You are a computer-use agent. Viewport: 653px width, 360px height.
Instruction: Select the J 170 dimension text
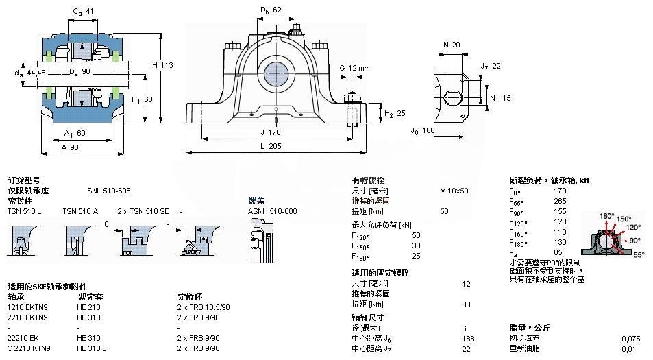273,132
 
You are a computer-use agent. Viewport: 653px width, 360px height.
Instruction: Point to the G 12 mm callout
354,68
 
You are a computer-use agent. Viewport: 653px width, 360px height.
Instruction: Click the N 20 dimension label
452,45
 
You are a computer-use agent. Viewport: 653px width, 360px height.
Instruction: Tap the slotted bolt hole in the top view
453,97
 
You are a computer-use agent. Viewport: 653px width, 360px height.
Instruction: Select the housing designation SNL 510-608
108,191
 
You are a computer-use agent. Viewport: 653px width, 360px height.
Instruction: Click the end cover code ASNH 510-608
273,211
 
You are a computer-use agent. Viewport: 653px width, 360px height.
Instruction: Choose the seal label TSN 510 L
25,211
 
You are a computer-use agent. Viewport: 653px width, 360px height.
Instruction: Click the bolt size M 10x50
454,191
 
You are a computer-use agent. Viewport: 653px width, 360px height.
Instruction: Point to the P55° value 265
560,201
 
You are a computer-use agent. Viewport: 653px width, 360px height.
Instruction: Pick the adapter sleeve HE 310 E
92,348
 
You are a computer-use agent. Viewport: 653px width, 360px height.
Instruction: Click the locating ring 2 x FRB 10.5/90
204,307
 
